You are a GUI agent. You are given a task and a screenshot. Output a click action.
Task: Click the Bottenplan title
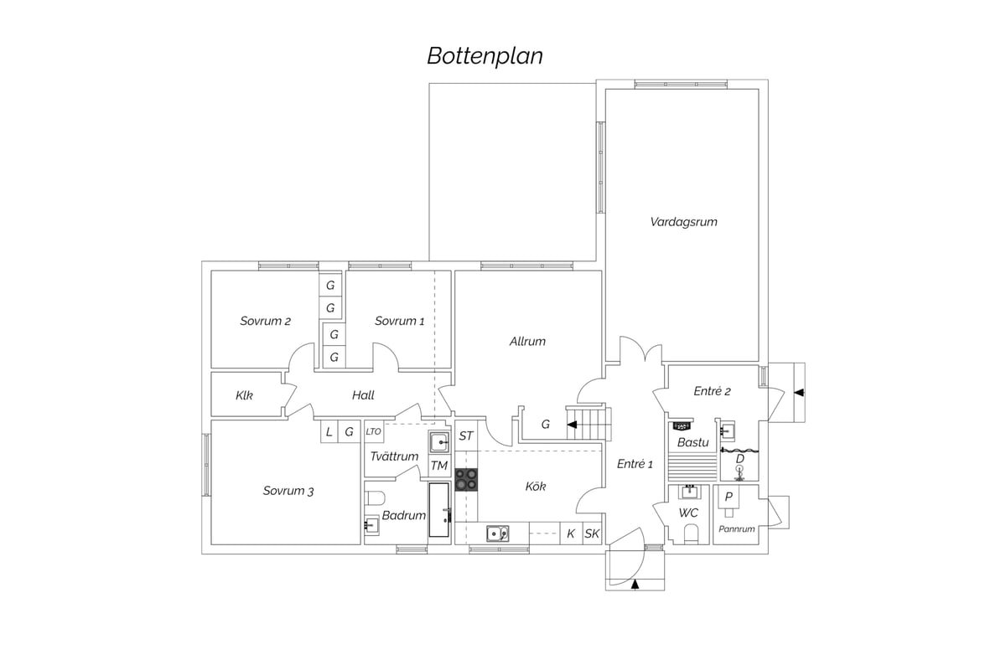[x=485, y=57]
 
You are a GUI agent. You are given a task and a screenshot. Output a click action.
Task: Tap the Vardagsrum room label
[x=683, y=222]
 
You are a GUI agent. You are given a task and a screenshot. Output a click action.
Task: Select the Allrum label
[x=527, y=342]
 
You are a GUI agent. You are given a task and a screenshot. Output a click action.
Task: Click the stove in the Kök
[x=466, y=479]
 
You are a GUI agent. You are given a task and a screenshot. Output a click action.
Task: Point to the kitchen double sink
[x=498, y=533]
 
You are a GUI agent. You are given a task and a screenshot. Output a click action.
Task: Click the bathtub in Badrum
[x=438, y=510]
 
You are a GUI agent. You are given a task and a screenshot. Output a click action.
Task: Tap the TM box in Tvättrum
[x=438, y=466]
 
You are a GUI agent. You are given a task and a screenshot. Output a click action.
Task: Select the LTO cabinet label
[x=373, y=431]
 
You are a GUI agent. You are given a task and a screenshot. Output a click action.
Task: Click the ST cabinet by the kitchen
[x=466, y=435]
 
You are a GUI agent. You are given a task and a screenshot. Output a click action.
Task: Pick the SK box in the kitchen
[x=592, y=533]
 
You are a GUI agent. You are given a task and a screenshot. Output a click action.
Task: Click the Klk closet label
[x=244, y=395]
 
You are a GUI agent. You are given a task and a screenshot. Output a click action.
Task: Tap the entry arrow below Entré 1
[x=635, y=585]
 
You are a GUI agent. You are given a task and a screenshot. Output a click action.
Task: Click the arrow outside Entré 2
[x=798, y=393]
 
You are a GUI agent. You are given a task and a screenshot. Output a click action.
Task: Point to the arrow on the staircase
[x=572, y=425]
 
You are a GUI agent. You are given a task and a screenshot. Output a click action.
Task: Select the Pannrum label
[x=737, y=529]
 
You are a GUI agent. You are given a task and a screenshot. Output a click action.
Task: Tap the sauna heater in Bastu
[x=682, y=426]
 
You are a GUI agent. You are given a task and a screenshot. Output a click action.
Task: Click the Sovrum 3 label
[x=288, y=491]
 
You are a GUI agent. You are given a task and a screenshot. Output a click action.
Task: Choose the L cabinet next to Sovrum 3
[x=329, y=431]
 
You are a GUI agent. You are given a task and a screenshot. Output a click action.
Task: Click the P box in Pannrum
[x=729, y=497]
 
